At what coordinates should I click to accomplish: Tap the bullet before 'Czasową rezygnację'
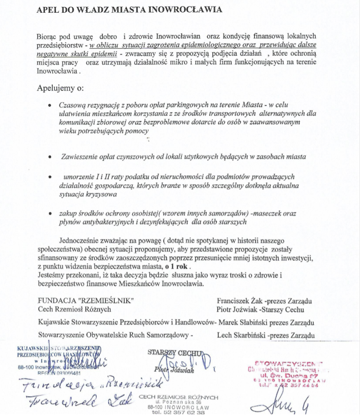(49, 106)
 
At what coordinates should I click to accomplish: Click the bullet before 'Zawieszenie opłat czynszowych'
(49, 157)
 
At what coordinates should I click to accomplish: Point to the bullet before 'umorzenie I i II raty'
(49, 177)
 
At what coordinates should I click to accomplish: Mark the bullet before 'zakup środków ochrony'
(49, 214)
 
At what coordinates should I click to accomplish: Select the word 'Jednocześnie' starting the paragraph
(80, 240)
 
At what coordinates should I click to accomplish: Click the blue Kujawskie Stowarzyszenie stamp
(59, 359)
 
